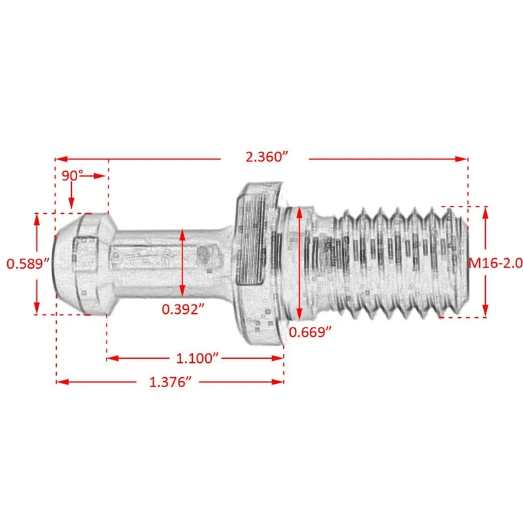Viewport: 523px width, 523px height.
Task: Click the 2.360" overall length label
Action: [267, 157]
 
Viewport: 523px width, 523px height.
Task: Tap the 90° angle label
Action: [73, 175]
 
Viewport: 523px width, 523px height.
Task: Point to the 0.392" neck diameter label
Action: [183, 309]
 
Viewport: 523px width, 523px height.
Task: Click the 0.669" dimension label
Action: [310, 332]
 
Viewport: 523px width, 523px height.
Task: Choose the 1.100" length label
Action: [197, 358]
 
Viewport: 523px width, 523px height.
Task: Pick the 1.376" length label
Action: [171, 382]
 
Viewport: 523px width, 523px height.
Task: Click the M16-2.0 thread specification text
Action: [496, 263]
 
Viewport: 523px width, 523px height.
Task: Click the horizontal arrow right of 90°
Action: [94, 176]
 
